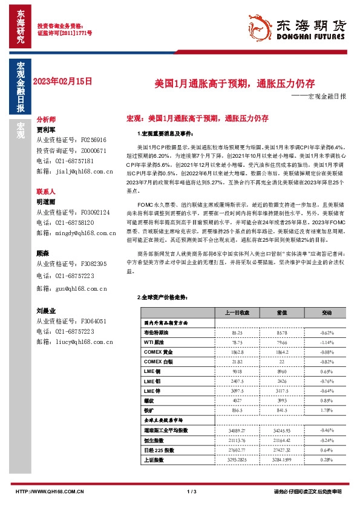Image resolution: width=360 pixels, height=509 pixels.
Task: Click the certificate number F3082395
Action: (x=94, y=264)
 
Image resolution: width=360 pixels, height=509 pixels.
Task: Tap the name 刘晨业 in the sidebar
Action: (x=46, y=310)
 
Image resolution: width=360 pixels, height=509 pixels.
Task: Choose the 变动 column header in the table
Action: (x=327, y=313)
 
